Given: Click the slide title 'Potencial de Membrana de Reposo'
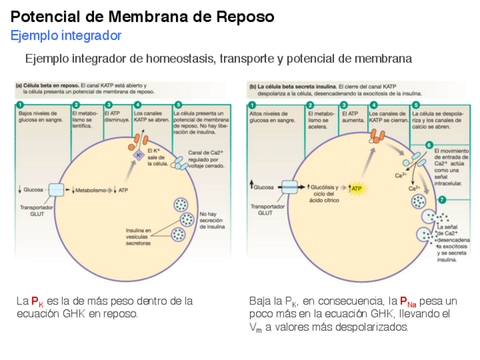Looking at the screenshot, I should tap(143, 17).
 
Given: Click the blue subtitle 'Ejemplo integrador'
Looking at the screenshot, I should tap(66, 36).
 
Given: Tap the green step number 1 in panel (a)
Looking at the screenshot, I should tap(20, 105).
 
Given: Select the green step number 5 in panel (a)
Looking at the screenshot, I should tap(178, 105).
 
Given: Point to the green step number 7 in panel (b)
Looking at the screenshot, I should tap(442, 200).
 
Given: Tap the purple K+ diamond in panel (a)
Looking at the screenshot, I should tap(138, 155).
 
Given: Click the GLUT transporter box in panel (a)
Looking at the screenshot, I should tap(57, 190).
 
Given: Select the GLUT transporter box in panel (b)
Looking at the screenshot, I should tap(289, 187).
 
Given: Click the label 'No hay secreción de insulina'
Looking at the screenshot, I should tap(212, 221).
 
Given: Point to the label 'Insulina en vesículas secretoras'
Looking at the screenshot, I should tap(138, 237).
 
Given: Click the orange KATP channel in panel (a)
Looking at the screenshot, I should tap(140, 140).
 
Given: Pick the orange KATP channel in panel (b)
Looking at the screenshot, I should tap(376, 135).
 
